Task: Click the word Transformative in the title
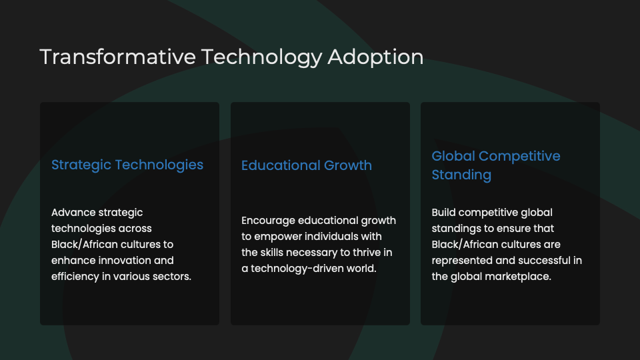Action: pyautogui.click(x=117, y=57)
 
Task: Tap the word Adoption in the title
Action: pyautogui.click(x=375, y=57)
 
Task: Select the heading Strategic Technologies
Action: pyautogui.click(x=127, y=165)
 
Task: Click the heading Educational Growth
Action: pyautogui.click(x=307, y=165)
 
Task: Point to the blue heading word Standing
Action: pyautogui.click(x=461, y=175)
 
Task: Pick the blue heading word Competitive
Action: pyautogui.click(x=519, y=156)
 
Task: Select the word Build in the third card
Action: pyautogui.click(x=443, y=212)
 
